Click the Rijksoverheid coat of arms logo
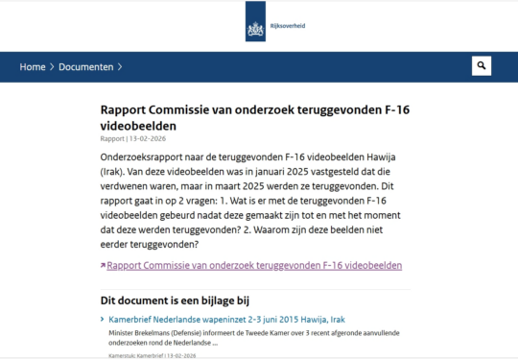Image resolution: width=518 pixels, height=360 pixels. [x=254, y=20]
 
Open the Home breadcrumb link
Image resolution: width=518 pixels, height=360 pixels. [x=33, y=67]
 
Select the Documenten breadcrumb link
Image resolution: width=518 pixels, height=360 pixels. [x=85, y=67]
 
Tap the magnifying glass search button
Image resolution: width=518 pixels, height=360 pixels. [x=482, y=66]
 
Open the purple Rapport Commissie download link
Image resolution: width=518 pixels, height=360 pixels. [x=254, y=265]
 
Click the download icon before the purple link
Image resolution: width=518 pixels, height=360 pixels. [x=103, y=266]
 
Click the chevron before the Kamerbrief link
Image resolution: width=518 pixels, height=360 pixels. [x=103, y=318]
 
